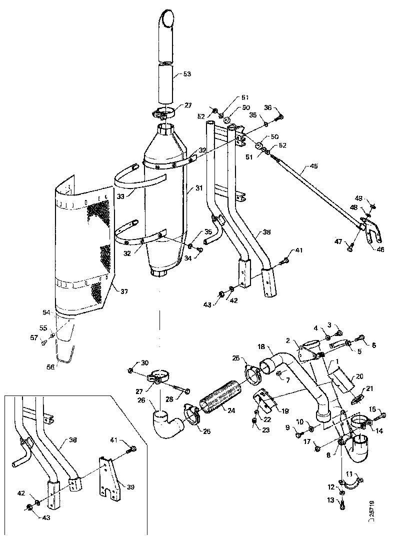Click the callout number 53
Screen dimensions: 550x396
pyautogui.click(x=186, y=74)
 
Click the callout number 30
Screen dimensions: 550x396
pyautogui.click(x=144, y=362)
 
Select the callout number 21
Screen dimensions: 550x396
pyautogui.click(x=370, y=388)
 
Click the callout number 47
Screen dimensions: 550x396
pyautogui.click(x=338, y=241)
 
